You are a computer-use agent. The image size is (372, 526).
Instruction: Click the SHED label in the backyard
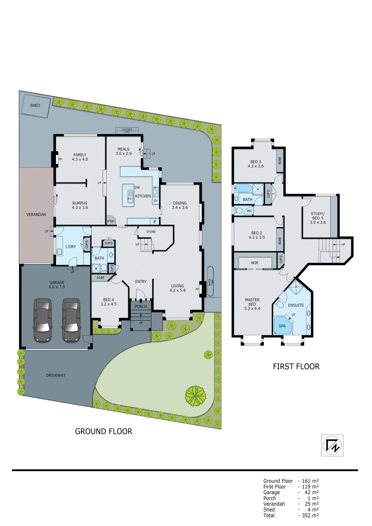(35, 106)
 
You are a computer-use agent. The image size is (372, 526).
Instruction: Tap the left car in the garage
(43, 320)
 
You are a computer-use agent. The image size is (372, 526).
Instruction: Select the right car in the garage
(71, 320)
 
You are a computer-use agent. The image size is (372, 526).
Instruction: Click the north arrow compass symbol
(332, 445)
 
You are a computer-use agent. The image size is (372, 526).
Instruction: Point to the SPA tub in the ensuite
(282, 326)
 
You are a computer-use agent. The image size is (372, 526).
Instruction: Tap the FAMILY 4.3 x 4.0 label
(80, 157)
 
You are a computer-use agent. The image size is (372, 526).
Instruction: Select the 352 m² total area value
(310, 515)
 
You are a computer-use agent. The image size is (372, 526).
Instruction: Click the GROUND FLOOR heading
(104, 431)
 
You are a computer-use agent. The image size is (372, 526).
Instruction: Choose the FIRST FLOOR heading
(296, 367)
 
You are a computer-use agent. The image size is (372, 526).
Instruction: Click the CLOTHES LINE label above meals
(127, 130)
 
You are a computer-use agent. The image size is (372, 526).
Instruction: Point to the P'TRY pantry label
(111, 221)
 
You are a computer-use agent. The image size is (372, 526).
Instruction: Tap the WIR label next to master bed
(255, 263)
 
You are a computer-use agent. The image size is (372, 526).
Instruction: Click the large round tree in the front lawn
(195, 395)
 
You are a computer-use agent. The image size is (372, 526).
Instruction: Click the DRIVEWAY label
(56, 375)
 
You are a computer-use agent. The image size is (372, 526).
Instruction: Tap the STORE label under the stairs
(151, 232)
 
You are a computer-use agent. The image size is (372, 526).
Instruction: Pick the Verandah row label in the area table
(274, 504)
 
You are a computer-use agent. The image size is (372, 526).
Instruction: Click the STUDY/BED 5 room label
(317, 218)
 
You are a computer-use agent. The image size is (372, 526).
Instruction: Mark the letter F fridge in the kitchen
(155, 222)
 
